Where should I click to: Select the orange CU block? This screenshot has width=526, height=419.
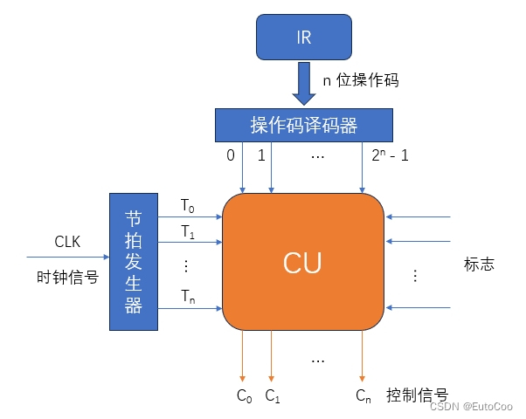[x=302, y=261]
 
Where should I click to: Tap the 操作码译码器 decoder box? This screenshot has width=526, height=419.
[x=303, y=126]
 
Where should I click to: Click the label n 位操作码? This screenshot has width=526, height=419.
[x=360, y=80]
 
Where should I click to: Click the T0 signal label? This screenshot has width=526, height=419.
[x=188, y=205]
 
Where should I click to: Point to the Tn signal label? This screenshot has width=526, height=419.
[x=188, y=296]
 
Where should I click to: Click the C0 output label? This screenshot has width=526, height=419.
[x=245, y=395]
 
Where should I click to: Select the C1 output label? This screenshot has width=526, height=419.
[x=273, y=395]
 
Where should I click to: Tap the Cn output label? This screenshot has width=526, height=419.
[x=363, y=395]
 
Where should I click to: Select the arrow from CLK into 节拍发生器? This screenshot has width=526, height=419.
[x=67, y=258]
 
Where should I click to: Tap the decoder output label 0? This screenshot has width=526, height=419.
[x=231, y=158]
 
